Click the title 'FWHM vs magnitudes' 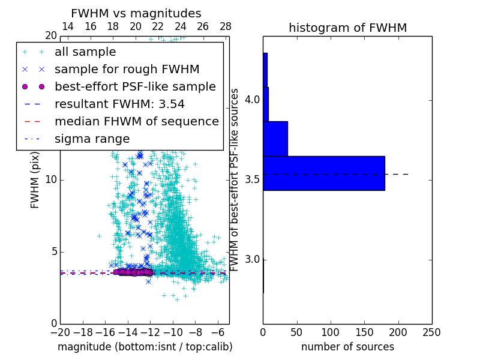tap(136, 14)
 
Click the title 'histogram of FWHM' tap(347, 28)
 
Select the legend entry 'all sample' tap(85, 52)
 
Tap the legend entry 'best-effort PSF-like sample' tap(135, 87)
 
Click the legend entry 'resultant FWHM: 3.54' tap(119, 104)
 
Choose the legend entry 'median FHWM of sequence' tap(137, 122)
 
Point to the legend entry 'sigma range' tap(92, 139)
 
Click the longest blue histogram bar tap(324, 173)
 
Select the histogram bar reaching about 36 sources tap(275, 139)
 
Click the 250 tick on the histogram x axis tap(431, 332)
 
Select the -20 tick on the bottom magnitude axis tap(60, 332)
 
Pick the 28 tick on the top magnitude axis tap(226, 27)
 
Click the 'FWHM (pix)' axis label tap(35, 180)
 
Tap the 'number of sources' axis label tap(347, 347)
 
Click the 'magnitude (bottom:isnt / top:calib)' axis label tap(145, 347)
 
